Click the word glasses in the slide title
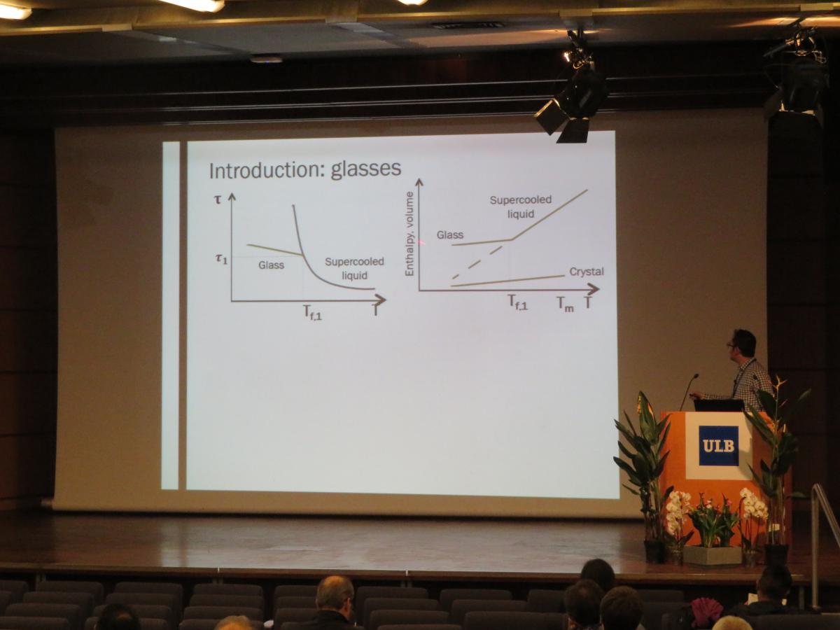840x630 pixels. [x=366, y=169]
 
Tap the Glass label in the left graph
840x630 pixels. [x=271, y=265]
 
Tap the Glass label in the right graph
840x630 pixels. [x=450, y=234]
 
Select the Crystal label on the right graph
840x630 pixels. [x=587, y=272]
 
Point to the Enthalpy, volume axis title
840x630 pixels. [x=409, y=234]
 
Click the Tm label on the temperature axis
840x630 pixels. [x=565, y=304]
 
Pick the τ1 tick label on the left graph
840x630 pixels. [x=221, y=259]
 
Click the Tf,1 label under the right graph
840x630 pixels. [x=518, y=302]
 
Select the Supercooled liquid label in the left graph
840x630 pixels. [x=354, y=269]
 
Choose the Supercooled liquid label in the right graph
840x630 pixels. [x=521, y=207]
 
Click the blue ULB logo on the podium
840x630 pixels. [x=718, y=446]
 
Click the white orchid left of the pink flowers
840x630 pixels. [x=678, y=509]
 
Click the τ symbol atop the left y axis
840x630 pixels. [x=218, y=199]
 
